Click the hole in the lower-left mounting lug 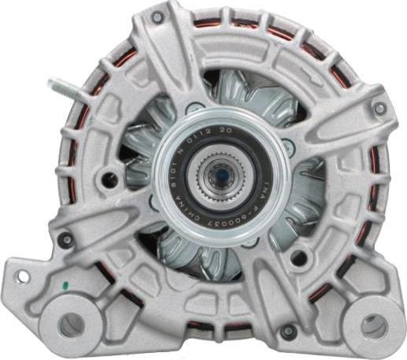pos(71,322)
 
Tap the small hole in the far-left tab pos(20,277)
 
